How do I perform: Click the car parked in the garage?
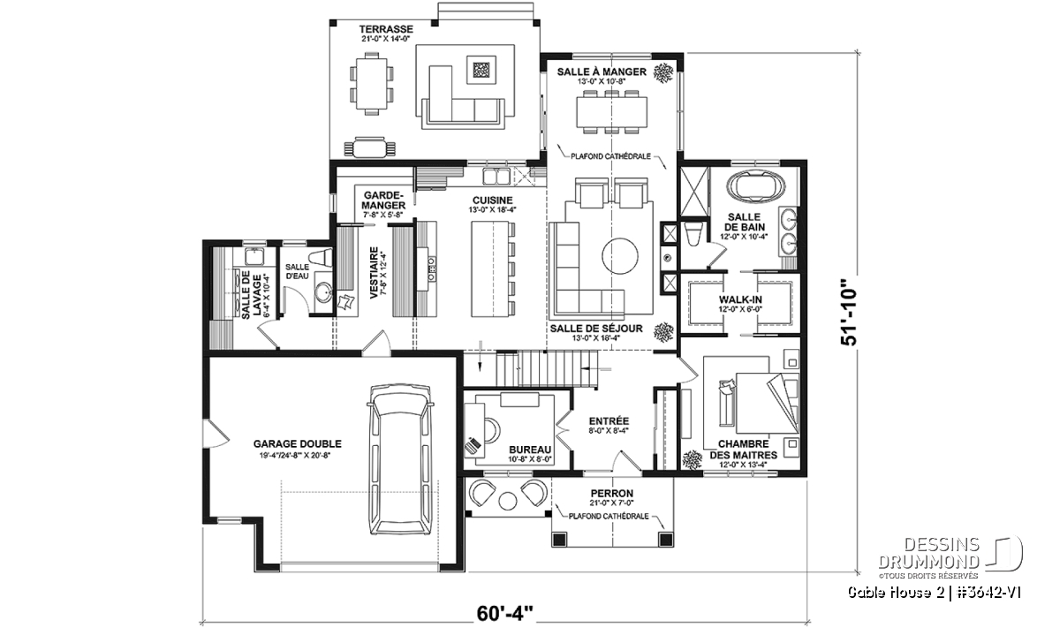click(400, 460)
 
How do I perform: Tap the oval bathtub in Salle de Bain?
click(755, 185)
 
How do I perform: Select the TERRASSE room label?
click(386, 29)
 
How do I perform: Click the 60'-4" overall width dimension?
click(504, 613)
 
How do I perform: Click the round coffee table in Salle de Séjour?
click(619, 256)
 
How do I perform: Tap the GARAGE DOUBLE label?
click(297, 444)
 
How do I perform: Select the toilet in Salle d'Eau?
click(321, 256)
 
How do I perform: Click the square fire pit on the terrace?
click(481, 71)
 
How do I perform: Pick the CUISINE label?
click(492, 201)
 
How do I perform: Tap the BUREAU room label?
click(530, 450)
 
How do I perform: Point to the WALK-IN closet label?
click(740, 299)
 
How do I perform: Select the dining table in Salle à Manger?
click(612, 112)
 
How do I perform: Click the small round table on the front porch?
click(508, 501)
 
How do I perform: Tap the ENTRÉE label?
click(609, 421)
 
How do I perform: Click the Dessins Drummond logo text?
click(928, 553)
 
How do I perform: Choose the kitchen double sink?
click(496, 177)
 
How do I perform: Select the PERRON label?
click(612, 494)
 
